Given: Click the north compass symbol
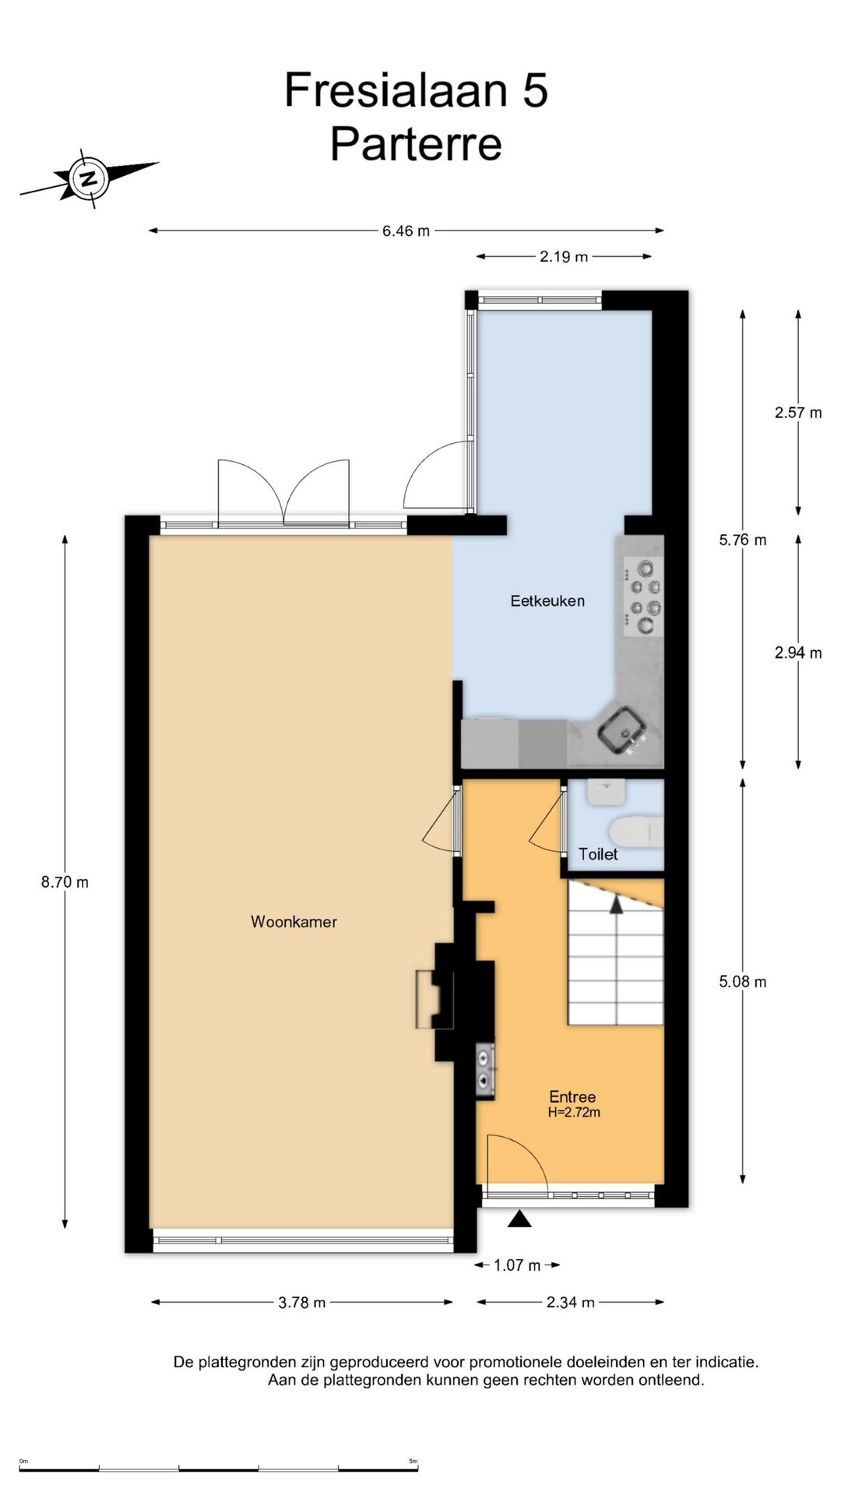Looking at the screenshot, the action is pos(90,178).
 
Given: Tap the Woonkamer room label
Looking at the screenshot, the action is pos(294,922).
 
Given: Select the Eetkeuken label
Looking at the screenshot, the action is pos(547,600).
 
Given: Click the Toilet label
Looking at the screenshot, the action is pos(598,854).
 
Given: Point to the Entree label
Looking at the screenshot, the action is pos(572,1096).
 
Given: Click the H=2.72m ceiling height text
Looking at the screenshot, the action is pos(574,1113).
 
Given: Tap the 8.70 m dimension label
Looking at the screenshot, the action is pos(65,882).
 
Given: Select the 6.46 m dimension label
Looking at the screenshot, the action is pos(406,230).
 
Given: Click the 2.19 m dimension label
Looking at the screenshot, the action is pos(564,256).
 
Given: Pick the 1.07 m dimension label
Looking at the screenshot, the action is pos(517,1265).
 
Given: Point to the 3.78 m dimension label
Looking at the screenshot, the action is pos(302,1302).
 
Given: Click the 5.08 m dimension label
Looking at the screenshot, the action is pos(743,982).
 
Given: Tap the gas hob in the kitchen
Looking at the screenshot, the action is pos(643,596).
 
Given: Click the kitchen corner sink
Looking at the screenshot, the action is pos(622,731).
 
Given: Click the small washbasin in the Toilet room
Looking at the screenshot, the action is pos(607,792).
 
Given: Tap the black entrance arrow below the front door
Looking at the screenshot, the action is pos(519,1219).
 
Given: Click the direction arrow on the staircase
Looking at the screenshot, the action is pos(617,905).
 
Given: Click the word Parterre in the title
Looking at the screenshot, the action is pos(416,143).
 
